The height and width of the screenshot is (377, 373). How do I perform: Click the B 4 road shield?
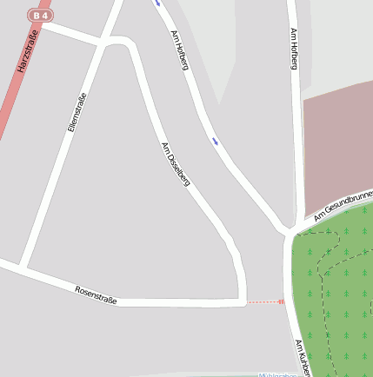click(39, 15)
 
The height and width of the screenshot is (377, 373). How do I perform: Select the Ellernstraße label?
click(77, 111)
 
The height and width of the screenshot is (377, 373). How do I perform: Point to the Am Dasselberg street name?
click(176, 164)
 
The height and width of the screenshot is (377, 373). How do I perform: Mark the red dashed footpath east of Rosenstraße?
click(265, 302)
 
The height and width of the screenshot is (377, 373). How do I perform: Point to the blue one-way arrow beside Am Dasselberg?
click(214, 140)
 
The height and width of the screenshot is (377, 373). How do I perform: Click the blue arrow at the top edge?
click(157, 3)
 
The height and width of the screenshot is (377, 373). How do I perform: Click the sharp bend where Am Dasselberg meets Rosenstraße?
click(241, 301)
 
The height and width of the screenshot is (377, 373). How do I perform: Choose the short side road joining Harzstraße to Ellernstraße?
click(74, 35)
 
